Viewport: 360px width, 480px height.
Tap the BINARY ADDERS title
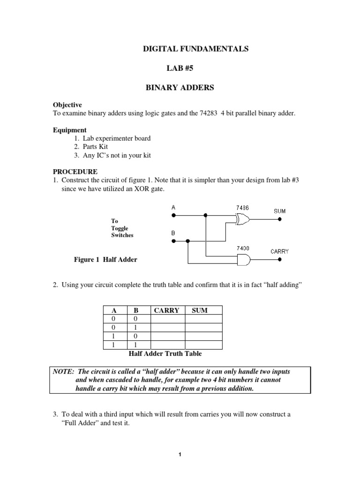(x=180, y=88)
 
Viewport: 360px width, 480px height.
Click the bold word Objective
(x=67, y=105)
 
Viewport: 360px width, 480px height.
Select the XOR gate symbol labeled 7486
(x=241, y=218)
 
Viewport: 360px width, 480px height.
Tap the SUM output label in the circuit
(x=279, y=211)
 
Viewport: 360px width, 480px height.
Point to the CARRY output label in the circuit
(x=279, y=251)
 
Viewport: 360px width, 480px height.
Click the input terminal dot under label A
(x=173, y=216)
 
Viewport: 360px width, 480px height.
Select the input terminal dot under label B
(x=173, y=241)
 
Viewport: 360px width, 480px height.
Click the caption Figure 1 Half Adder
(x=106, y=260)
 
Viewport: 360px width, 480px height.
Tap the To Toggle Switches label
(x=122, y=228)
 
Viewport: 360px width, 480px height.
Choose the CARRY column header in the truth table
(x=167, y=310)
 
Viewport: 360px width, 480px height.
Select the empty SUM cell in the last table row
(x=203, y=345)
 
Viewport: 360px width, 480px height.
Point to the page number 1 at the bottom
(x=180, y=454)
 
